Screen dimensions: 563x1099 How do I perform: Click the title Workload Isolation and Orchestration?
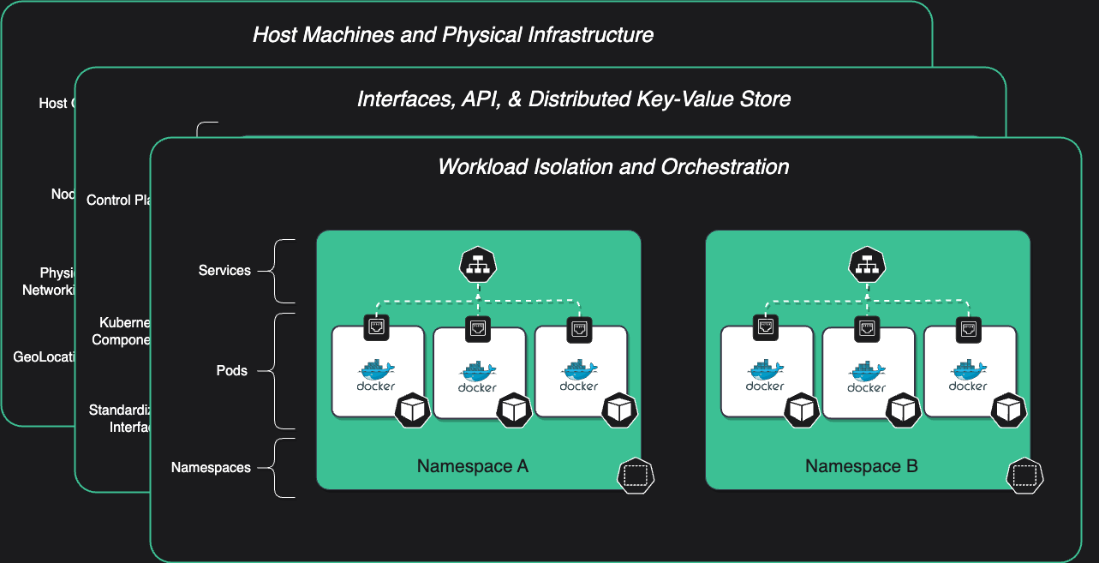tap(613, 166)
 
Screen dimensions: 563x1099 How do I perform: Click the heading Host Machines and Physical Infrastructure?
tap(453, 35)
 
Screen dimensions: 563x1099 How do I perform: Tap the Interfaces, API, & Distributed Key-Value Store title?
tap(573, 99)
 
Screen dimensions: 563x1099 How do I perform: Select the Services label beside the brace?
tap(224, 271)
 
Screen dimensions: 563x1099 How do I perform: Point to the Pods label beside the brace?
tap(231, 371)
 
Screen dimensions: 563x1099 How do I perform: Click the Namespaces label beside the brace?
tap(211, 468)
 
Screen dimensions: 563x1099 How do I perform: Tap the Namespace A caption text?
tap(472, 467)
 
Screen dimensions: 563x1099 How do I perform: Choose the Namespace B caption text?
tap(861, 467)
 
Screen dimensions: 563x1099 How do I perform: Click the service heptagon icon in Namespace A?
tap(478, 267)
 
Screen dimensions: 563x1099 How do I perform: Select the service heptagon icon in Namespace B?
tap(867, 267)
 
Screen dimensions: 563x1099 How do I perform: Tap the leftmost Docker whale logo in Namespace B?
tap(765, 370)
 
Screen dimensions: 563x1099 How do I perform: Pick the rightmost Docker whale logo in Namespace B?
tap(968, 370)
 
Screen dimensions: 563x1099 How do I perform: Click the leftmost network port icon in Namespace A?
tap(377, 326)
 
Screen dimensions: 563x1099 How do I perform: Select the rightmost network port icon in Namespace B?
tap(969, 326)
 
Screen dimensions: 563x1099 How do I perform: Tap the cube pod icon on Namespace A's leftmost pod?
tap(412, 410)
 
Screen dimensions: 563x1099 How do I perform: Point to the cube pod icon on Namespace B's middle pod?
tap(903, 410)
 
